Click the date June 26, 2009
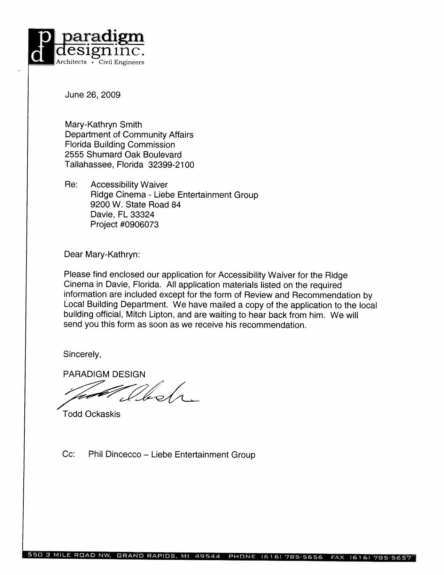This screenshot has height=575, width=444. point(93,95)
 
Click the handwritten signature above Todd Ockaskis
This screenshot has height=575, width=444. point(129,394)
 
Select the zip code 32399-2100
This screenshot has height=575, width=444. point(171,165)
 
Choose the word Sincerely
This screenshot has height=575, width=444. point(82,355)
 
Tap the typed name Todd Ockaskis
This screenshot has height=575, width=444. point(92,414)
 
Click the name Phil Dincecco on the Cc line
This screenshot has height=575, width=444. point(115,455)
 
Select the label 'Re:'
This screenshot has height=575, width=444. point(71,185)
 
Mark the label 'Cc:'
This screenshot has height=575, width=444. point(69,454)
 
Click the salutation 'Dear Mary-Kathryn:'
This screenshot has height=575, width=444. point(102,255)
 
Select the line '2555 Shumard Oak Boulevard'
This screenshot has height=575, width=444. point(123,154)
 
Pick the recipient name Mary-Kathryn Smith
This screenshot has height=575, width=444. point(103,124)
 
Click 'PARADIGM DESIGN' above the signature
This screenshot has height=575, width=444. point(104,374)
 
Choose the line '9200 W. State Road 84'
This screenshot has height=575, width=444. point(135,205)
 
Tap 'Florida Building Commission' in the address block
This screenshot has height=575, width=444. point(120,145)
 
